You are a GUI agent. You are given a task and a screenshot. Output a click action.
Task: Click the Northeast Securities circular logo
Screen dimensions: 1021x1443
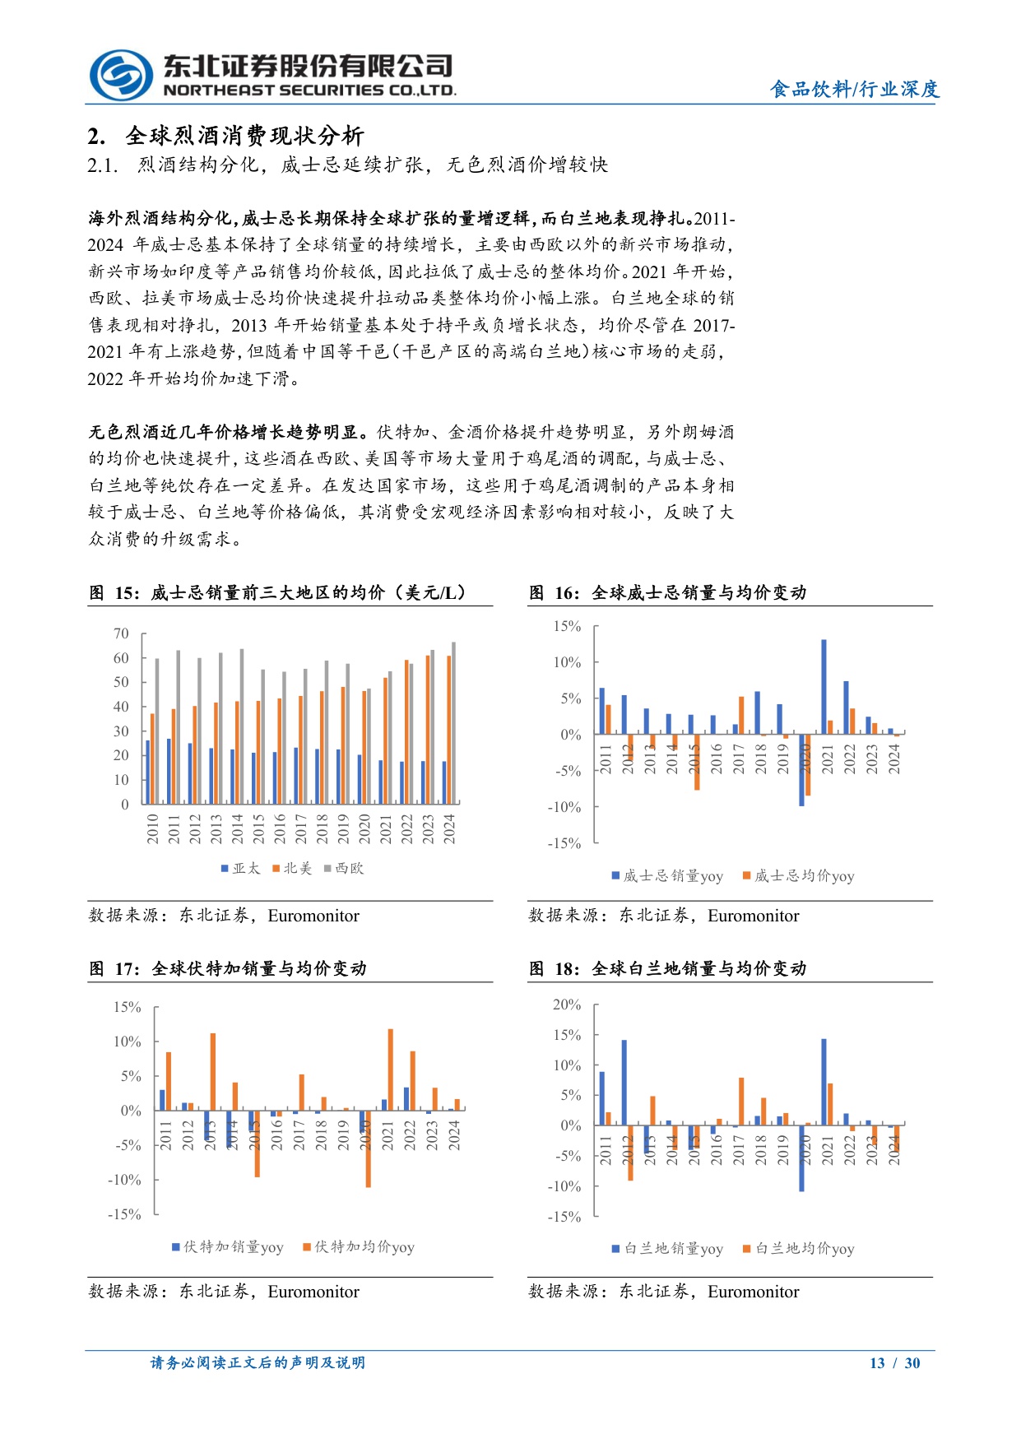pos(121,76)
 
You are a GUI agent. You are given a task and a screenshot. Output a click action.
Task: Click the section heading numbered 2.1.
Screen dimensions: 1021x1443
pos(347,165)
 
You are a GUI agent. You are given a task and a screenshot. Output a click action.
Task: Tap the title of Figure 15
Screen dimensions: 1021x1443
pos(278,592)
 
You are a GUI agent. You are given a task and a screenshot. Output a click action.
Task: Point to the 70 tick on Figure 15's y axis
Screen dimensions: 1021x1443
pos(121,633)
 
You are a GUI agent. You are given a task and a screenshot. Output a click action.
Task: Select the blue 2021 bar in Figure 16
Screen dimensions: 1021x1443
pos(824,687)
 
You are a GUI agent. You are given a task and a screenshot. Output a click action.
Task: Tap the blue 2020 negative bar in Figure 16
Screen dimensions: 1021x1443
pos(801,770)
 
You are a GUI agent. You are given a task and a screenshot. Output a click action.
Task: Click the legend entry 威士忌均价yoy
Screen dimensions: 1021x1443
pos(799,876)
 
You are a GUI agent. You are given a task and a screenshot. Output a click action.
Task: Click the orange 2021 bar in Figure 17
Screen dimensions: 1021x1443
pos(390,1069)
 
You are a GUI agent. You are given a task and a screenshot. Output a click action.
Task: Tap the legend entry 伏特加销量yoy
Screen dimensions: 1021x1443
pos(228,1247)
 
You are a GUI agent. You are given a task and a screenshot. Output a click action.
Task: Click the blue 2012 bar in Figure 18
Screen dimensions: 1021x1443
pos(624,1083)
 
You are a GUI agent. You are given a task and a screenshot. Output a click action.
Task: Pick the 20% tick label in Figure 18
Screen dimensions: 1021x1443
pos(567,1005)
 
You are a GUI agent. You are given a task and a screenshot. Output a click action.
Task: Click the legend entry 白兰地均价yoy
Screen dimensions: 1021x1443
pos(799,1249)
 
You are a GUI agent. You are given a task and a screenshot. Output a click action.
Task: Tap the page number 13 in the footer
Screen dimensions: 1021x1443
pos(877,1363)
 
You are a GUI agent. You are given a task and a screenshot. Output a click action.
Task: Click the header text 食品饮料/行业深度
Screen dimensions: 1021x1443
pos(854,89)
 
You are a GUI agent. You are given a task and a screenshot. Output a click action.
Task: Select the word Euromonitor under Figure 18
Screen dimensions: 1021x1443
pos(753,1292)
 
